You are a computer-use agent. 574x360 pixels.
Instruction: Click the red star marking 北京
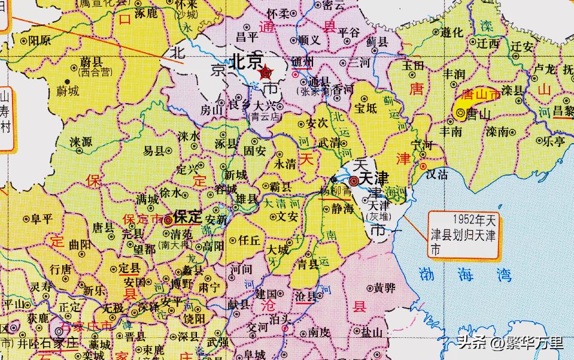coord(266,73)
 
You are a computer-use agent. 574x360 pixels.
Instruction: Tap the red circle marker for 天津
coord(354,180)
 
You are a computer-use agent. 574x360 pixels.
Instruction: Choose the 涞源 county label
coord(81,143)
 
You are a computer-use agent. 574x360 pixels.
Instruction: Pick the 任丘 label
coord(248,241)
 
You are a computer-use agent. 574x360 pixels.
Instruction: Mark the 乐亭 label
coord(551,141)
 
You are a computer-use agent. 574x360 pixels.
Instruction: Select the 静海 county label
coord(342,208)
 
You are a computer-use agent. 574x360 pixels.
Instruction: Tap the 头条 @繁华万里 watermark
coord(511,343)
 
